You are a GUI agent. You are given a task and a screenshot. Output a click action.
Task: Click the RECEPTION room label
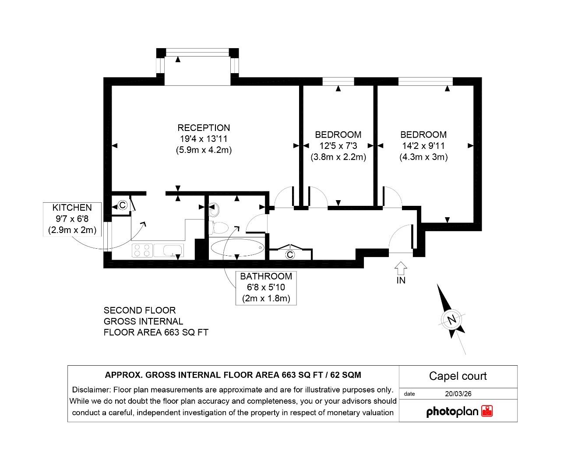coord(203,128)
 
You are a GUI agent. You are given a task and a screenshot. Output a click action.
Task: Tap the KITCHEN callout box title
coord(72,208)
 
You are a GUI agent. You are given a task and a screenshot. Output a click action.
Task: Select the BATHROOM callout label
coord(266,276)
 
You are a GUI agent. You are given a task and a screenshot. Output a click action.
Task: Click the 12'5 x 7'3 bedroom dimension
coord(338,146)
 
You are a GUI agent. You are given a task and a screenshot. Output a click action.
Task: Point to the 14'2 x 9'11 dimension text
coord(423,146)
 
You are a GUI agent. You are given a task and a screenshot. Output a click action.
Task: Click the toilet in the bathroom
coord(219,228)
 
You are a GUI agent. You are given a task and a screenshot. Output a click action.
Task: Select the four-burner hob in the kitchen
coord(142,251)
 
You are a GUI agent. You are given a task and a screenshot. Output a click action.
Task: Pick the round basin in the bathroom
coord(214,211)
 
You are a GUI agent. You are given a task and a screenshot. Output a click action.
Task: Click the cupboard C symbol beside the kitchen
coord(123,205)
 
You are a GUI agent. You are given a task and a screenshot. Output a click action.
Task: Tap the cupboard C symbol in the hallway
coord(289,254)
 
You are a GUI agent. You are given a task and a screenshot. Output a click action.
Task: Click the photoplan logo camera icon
coord(487,411)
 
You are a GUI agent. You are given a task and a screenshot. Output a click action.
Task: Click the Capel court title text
coord(458,376)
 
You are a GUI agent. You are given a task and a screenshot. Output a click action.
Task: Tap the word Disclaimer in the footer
coord(91,390)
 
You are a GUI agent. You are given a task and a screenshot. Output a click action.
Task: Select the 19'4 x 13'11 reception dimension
coord(203,139)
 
